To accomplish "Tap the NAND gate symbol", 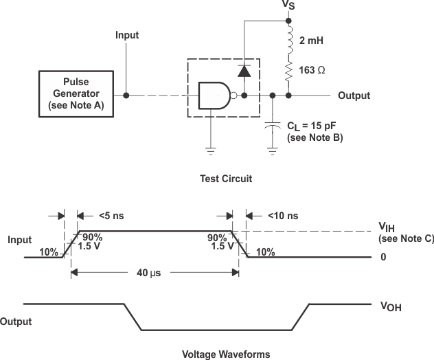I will coord(214,95).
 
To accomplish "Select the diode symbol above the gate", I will coord(243,70).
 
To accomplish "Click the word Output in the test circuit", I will coord(354,95).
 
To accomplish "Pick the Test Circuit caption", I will coord(225,179).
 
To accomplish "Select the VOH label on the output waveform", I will coord(390,308).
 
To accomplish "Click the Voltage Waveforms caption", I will coord(225,355).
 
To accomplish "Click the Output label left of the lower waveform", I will coord(16,321).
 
